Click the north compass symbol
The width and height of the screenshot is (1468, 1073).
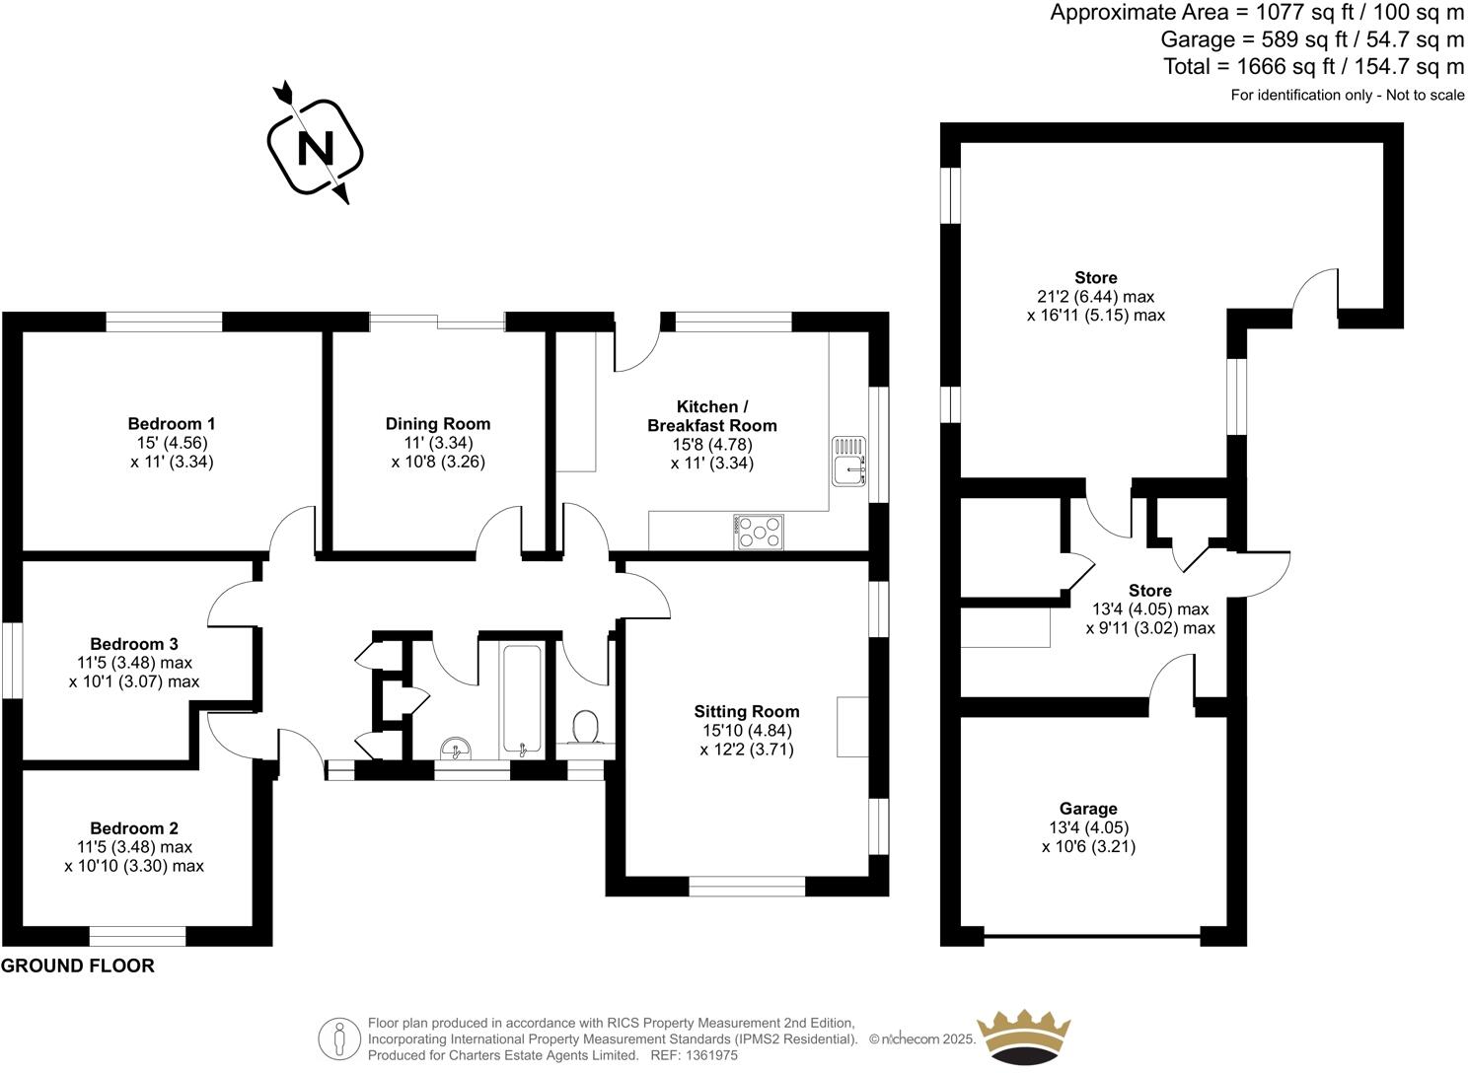(x=315, y=147)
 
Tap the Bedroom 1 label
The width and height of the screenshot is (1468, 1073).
(x=172, y=424)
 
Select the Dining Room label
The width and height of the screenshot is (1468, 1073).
(x=437, y=424)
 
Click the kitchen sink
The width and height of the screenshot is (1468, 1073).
(x=847, y=464)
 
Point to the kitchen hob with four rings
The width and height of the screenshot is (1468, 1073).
(x=759, y=533)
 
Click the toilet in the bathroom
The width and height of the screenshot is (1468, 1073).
(x=587, y=730)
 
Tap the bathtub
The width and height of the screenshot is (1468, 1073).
(x=521, y=698)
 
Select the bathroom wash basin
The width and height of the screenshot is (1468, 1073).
(x=456, y=750)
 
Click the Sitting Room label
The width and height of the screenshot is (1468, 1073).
(x=746, y=711)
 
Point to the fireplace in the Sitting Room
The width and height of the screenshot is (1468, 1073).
(x=851, y=727)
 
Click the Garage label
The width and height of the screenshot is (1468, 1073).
(x=1088, y=809)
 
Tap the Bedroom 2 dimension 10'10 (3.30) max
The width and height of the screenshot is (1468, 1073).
(x=134, y=866)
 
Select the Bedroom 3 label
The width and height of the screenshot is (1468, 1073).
(x=134, y=644)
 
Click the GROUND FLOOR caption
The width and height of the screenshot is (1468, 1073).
(x=78, y=966)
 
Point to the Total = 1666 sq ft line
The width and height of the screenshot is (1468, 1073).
(x=1313, y=67)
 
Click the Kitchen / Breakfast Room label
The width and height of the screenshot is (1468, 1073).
(x=711, y=416)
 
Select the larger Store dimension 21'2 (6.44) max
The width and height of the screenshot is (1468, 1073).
(x=1095, y=297)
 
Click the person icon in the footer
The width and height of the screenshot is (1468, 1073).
(x=339, y=1038)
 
